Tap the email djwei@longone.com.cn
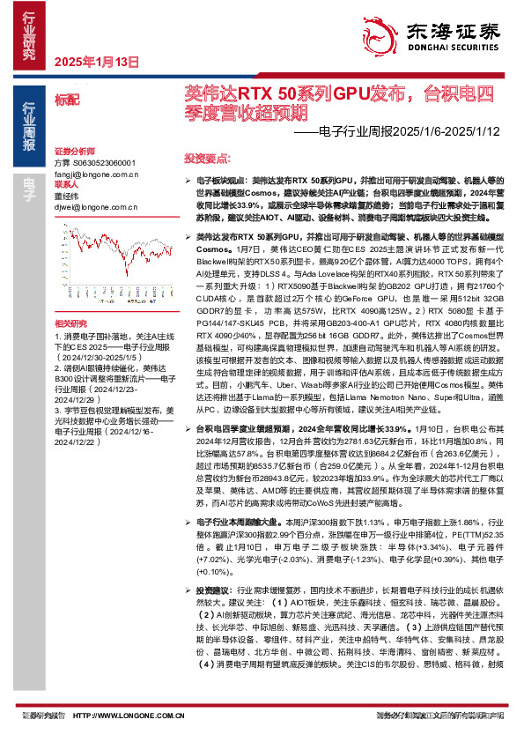[91, 207]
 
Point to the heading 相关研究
[70, 301]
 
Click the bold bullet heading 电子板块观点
[218, 179]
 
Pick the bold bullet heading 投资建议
[215, 613]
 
